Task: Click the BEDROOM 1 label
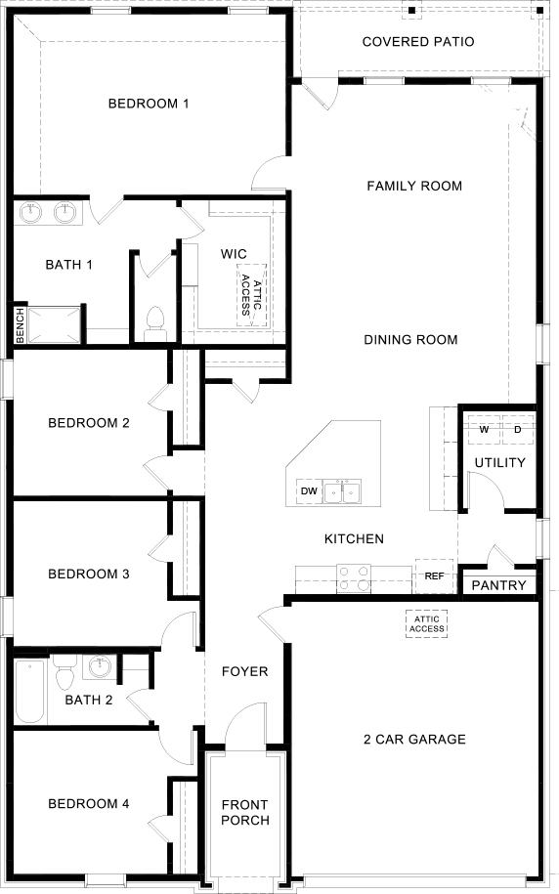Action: coord(149,104)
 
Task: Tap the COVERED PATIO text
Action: coord(418,42)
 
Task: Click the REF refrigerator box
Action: coord(434,576)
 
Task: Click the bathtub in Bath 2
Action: coord(29,692)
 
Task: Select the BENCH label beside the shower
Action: coord(19,325)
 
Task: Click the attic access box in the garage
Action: coord(427,623)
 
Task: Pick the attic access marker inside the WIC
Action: coord(251,290)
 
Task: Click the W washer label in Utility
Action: coord(484,429)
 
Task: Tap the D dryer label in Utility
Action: coord(518,429)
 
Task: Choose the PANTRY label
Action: coord(499,585)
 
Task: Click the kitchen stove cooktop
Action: coord(353,579)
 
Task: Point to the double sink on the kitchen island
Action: coord(342,490)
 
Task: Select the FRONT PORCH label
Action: coord(244,812)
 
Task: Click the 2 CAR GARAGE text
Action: coord(413,739)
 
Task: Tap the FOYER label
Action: coord(244,671)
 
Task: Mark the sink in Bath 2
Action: coord(99,667)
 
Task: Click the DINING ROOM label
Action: coord(410,340)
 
